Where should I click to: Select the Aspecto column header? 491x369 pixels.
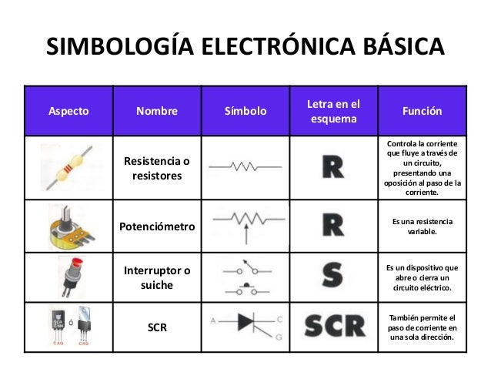[68, 111]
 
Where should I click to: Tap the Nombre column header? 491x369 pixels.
[156, 111]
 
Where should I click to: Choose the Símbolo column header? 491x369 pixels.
[245, 111]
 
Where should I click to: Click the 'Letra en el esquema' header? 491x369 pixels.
[333, 111]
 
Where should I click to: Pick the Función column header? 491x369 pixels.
[422, 111]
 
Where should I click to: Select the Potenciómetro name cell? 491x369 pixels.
[156, 227]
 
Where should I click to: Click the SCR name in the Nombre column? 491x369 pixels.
[156, 327]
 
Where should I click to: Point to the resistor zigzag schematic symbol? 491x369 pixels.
[245, 166]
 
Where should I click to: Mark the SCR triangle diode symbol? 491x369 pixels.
[245, 325]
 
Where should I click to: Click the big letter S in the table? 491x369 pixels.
[332, 277]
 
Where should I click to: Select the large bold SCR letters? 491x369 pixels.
[334, 327]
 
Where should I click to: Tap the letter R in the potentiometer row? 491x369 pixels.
[332, 225]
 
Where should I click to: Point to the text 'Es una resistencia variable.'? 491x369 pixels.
[422, 226]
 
